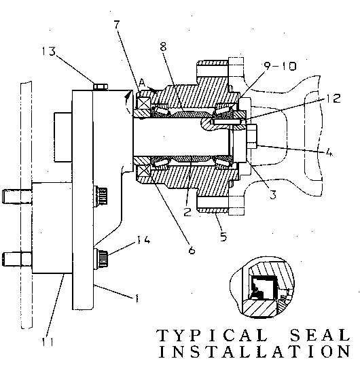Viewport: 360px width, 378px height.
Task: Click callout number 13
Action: pos(49,52)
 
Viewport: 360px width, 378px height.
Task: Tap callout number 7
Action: pos(117,24)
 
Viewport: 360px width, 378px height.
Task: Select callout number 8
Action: pos(163,46)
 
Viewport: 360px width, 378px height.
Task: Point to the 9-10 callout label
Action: pos(280,66)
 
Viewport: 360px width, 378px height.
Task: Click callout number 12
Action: pos(334,98)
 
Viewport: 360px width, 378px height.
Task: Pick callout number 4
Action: pos(329,152)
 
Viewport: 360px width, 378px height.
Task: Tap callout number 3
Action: pos(273,194)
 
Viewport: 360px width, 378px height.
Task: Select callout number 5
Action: pos(223,237)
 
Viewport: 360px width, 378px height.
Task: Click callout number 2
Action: pos(187,212)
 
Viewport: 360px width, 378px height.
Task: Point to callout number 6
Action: pos(192,250)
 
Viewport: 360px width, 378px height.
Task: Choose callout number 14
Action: pos(143,239)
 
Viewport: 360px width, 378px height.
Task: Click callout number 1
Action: pos(137,298)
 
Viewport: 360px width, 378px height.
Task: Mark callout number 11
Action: pos(48,342)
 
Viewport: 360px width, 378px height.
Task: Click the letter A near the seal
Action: pos(143,83)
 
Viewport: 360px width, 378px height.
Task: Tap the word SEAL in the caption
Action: pos(320,335)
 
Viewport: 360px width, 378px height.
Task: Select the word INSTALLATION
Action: pos(255,351)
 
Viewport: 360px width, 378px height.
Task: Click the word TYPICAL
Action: pos(212,335)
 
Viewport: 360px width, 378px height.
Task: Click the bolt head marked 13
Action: pos(101,86)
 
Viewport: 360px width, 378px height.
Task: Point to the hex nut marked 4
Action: pos(252,137)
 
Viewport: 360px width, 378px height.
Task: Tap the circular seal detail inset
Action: pos(262,288)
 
